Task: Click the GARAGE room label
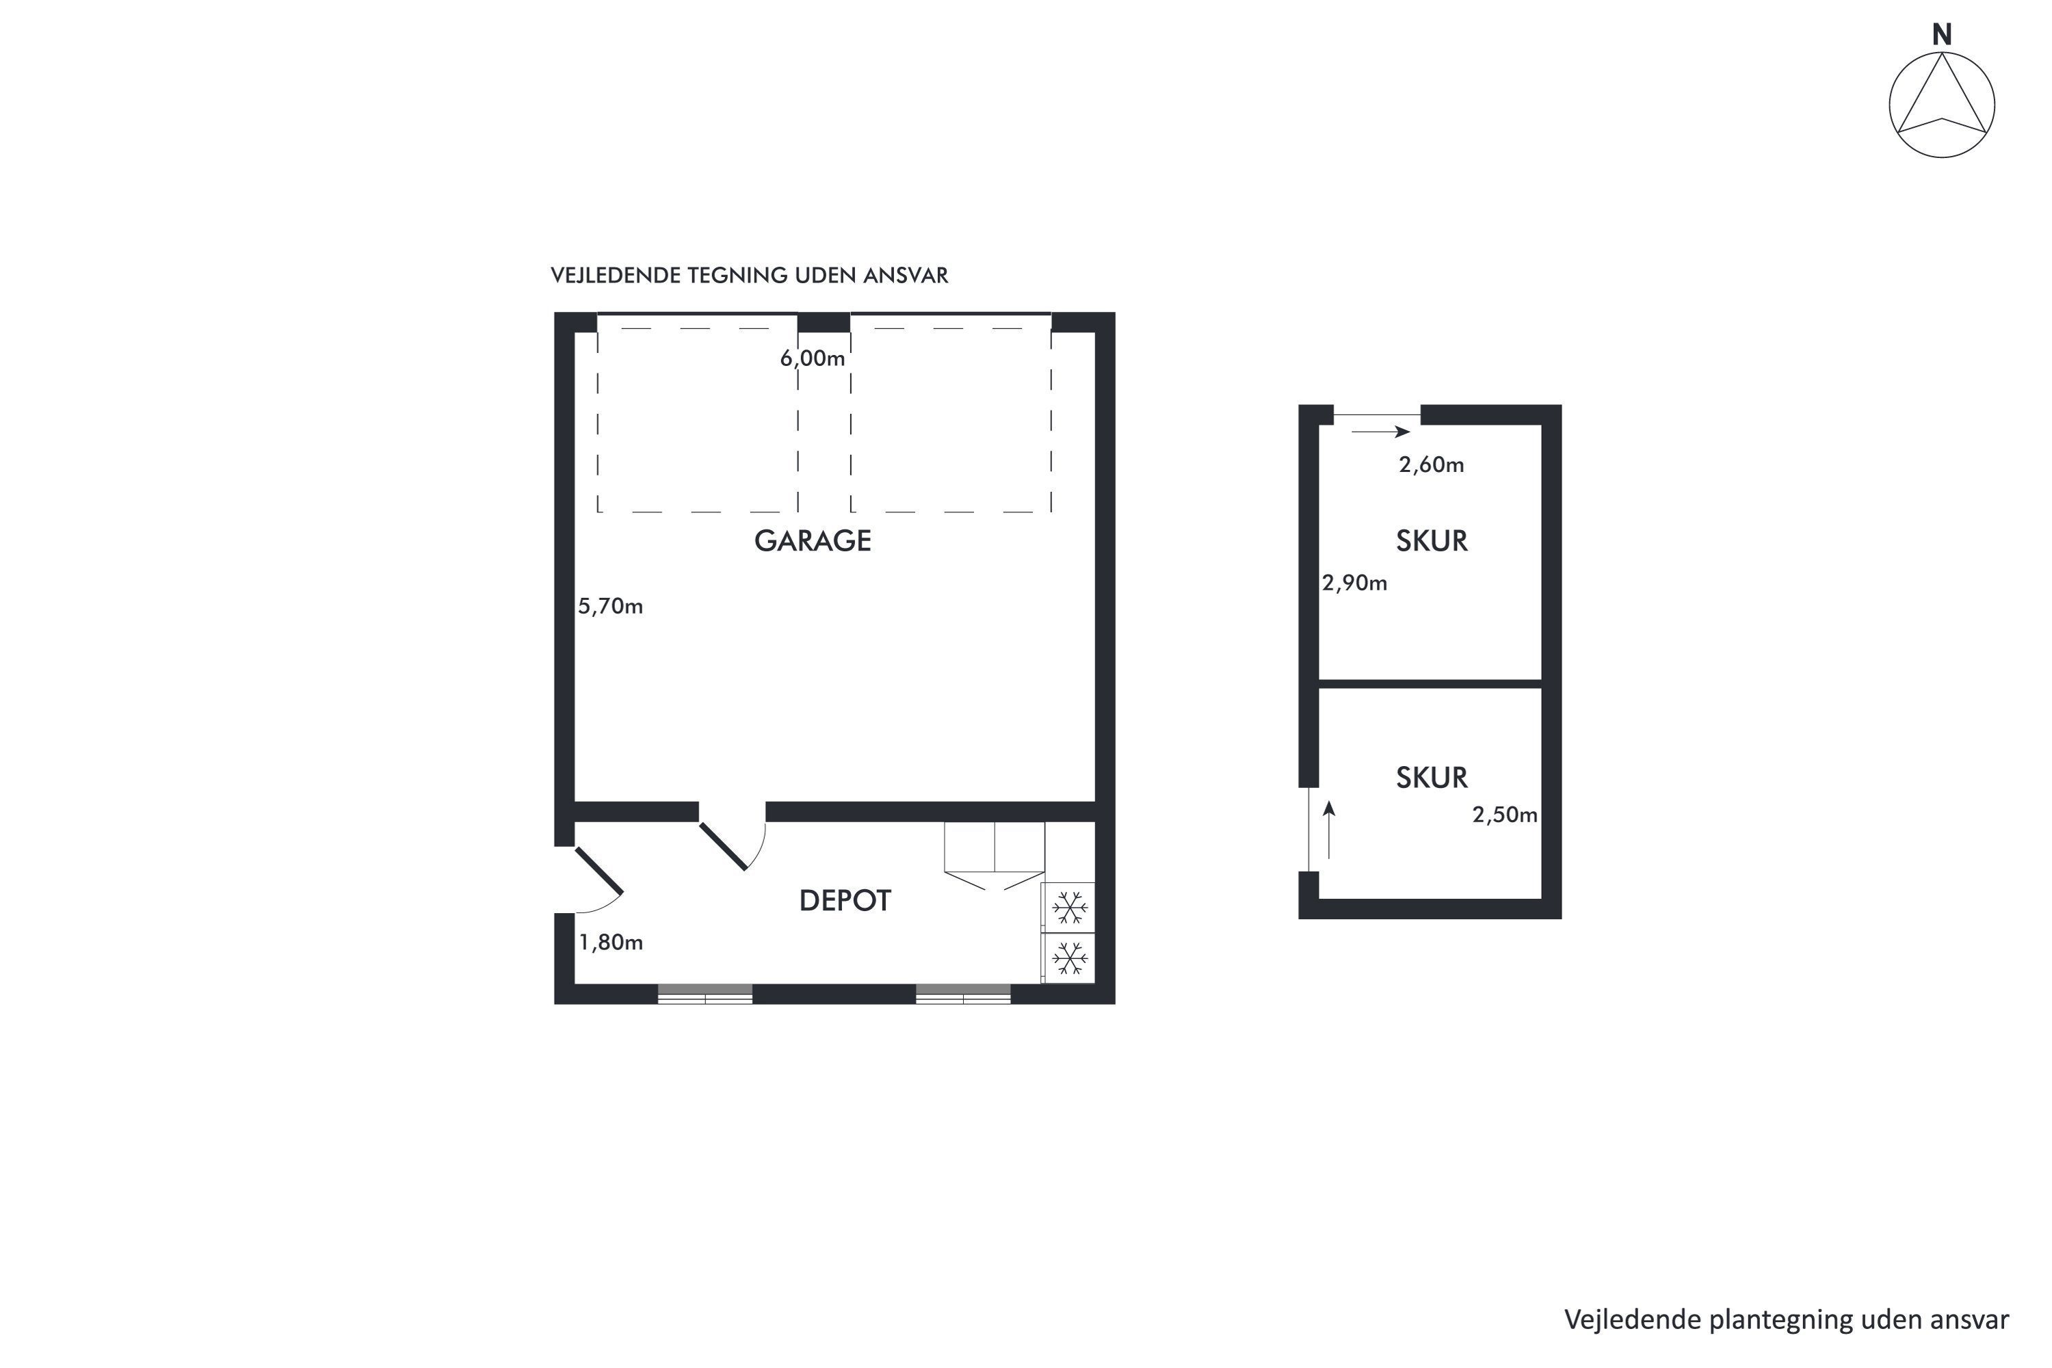coord(813,541)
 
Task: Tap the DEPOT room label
coord(845,900)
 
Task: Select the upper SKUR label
coord(1432,541)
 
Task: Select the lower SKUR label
coord(1432,777)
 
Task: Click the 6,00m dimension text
coord(813,358)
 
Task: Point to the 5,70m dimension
coord(610,605)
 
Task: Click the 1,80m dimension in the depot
coord(611,943)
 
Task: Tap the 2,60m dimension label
coord(1431,464)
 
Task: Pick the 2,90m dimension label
coord(1354,583)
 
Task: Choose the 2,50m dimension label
coord(1505,814)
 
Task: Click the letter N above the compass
coord(1941,35)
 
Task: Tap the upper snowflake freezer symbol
coord(1070,908)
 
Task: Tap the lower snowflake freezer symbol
coord(1070,960)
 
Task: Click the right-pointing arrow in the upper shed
coord(1381,432)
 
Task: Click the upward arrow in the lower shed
coord(1329,830)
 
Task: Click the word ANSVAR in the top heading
coord(905,276)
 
